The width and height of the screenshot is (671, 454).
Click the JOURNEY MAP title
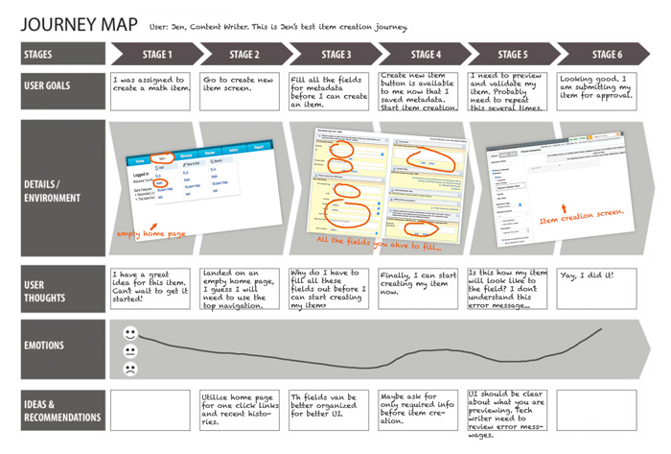tap(79, 24)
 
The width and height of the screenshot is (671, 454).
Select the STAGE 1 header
tap(157, 55)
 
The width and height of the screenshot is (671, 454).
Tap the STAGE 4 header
tap(426, 55)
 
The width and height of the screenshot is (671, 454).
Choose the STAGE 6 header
tap(606, 55)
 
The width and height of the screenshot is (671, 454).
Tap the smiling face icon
tap(130, 333)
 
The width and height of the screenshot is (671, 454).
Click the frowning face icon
tap(130, 369)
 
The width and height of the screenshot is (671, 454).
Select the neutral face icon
tap(130, 351)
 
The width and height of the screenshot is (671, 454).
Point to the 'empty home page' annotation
tap(151, 233)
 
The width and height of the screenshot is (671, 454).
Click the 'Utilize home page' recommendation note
tap(243, 410)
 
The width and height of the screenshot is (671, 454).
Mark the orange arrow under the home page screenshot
tap(152, 224)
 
